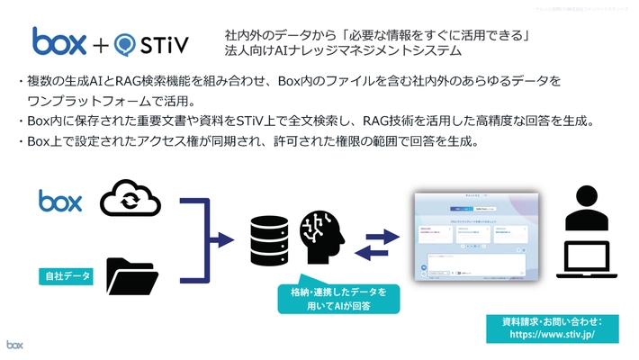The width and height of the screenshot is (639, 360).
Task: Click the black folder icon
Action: click(x=131, y=276)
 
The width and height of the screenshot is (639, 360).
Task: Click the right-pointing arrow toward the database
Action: click(x=220, y=238)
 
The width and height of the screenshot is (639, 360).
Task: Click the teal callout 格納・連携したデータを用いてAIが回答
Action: click(x=332, y=299)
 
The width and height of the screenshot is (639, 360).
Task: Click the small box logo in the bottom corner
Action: click(x=15, y=345)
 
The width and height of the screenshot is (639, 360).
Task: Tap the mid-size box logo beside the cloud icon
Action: click(x=60, y=200)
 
